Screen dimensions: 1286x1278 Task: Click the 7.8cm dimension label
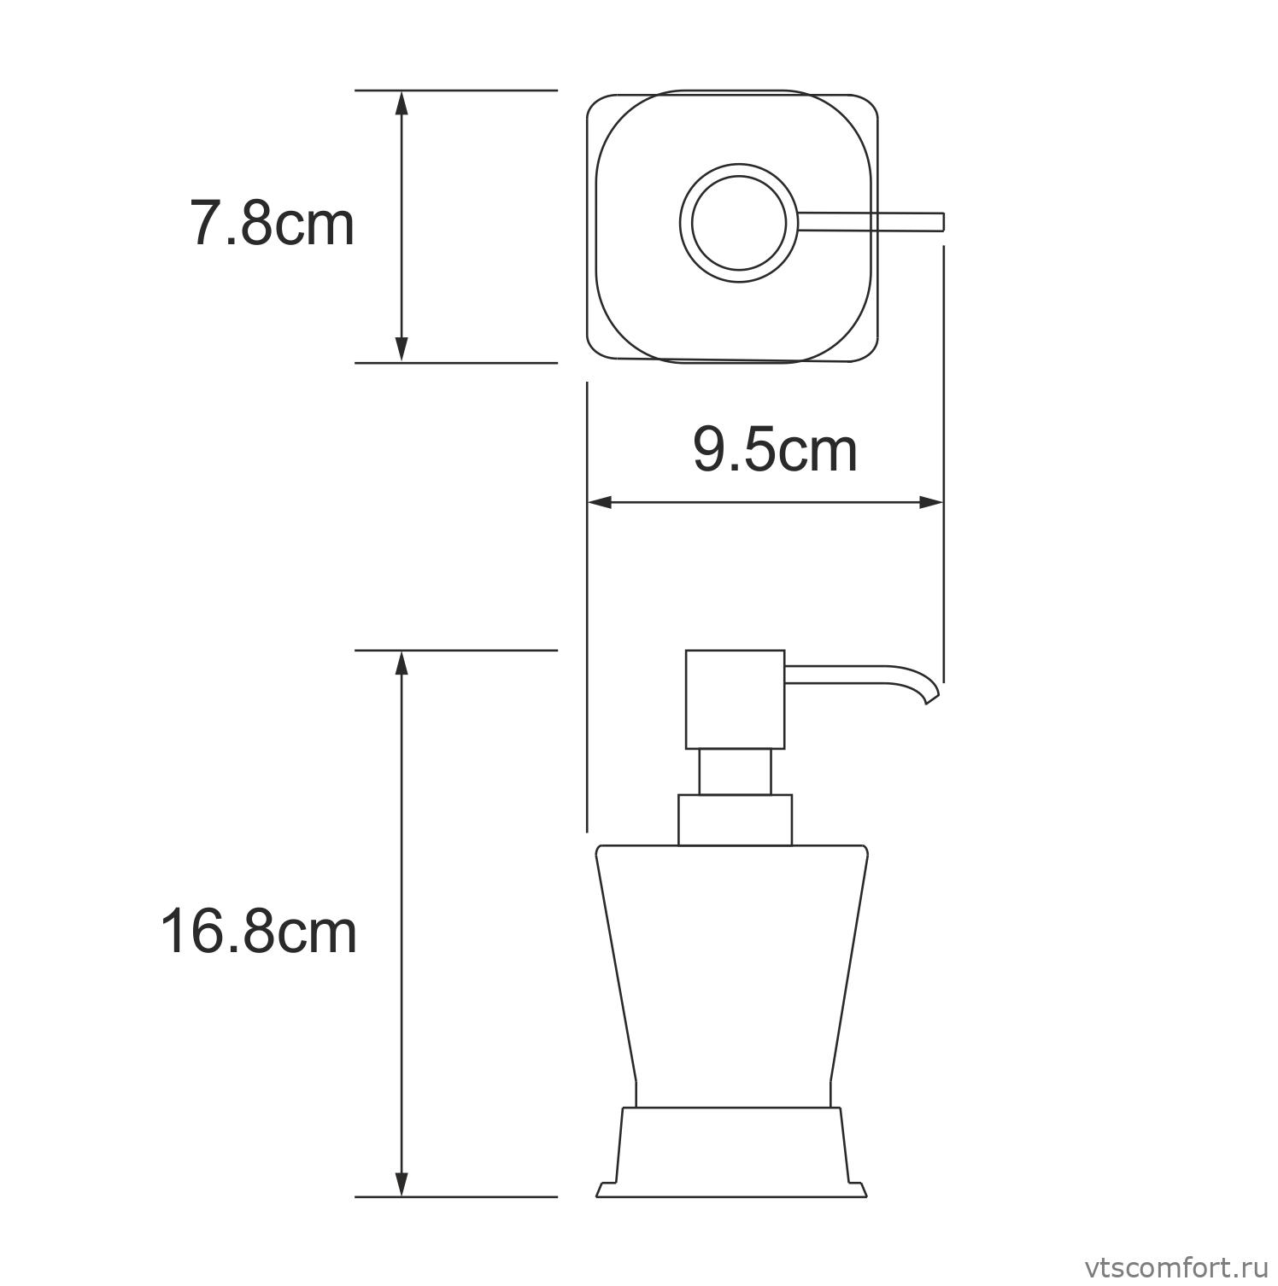(271, 225)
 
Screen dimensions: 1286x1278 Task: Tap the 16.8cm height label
(258, 932)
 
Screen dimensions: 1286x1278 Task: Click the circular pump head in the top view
(738, 223)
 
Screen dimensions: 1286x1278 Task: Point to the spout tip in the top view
(939, 222)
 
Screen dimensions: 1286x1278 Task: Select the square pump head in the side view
(735, 699)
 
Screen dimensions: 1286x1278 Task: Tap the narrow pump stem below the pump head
(735, 772)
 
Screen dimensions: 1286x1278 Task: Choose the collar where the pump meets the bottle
(735, 820)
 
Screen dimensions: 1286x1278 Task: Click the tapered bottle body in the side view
(733, 965)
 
